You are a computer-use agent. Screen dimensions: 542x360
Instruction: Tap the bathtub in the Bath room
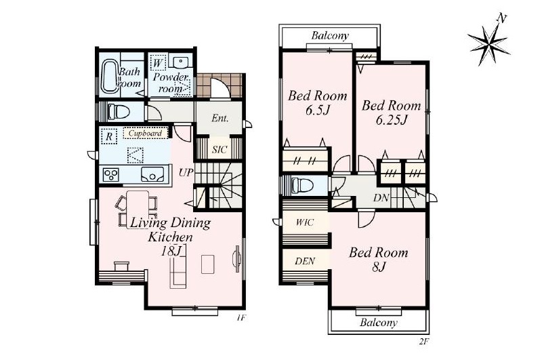110,77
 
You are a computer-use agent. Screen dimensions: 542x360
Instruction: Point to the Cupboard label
145,133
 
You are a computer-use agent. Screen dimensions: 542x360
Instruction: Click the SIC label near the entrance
220,150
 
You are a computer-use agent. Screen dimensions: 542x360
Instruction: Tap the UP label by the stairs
185,173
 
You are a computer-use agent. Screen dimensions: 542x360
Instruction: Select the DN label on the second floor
381,198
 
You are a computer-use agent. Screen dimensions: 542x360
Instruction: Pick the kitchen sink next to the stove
152,174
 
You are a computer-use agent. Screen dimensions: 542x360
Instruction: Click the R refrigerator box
109,136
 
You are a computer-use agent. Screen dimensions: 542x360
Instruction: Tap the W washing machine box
159,63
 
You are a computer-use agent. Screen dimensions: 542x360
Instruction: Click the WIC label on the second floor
304,222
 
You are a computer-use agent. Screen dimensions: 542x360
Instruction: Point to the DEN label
305,261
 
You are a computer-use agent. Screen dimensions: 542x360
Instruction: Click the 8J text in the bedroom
379,266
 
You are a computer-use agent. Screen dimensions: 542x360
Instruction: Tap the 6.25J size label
392,119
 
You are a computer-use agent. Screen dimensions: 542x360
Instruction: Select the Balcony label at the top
330,36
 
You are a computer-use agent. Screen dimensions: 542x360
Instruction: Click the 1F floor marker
241,317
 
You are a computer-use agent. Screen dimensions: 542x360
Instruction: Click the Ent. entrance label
220,118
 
